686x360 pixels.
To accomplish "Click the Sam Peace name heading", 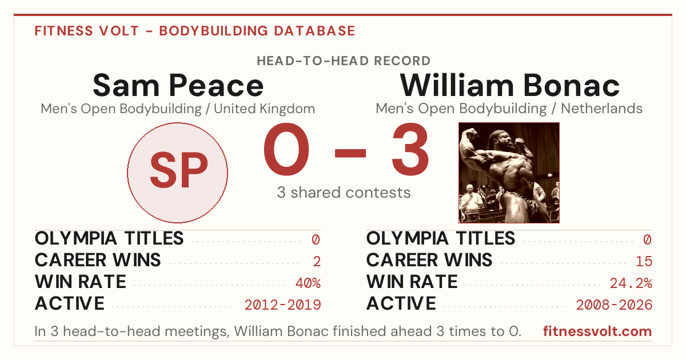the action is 178,85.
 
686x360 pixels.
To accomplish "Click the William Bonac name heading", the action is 509,85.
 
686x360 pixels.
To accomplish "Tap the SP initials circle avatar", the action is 178,173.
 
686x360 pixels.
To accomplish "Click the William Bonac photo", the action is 509,173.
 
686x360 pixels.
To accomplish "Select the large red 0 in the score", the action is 286,149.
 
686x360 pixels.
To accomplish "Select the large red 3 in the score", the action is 410,149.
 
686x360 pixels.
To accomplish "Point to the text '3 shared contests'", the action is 344,193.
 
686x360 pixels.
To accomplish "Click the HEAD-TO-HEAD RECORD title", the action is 344,61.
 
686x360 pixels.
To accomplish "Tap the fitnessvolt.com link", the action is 597,331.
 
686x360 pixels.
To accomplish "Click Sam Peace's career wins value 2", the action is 317,262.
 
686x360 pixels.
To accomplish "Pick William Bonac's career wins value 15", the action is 644,262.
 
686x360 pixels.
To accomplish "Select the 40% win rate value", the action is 308,283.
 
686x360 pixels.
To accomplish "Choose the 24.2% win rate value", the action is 631,283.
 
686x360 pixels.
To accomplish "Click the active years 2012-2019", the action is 282,305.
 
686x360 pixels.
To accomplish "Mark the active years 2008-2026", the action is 614,305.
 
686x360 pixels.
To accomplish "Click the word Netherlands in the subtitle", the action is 601,109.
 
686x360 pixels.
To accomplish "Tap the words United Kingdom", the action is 264,109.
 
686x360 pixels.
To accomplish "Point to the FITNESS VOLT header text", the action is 87,31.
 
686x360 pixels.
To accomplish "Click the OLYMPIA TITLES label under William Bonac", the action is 440,238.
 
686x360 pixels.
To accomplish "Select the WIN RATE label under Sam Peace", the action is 80,282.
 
